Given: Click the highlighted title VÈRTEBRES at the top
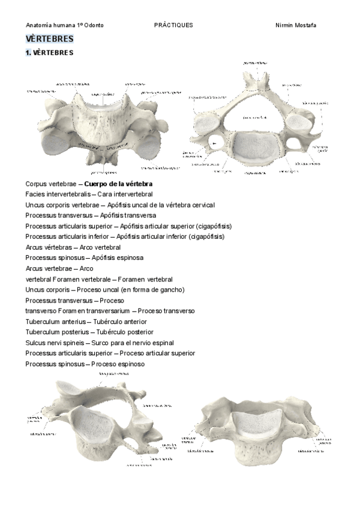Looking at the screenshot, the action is coord(50,39).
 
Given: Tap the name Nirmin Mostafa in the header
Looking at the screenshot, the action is coord(295,25).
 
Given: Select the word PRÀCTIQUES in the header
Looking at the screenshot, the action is coord(173,25).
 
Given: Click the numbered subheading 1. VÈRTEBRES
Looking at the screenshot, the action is coord(49,53).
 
